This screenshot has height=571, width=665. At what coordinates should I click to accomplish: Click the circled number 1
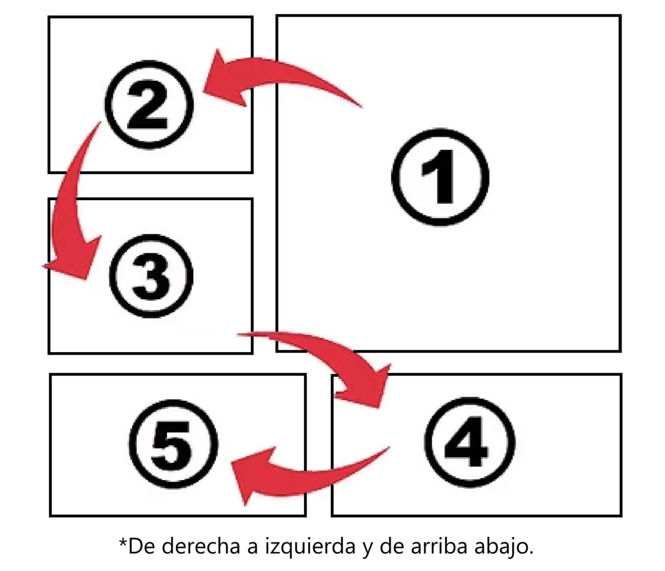click(x=440, y=177)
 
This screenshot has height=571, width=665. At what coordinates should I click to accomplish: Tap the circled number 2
click(x=149, y=105)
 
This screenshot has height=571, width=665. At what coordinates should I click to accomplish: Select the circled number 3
click(x=151, y=276)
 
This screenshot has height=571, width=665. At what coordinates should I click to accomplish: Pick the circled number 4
click(x=469, y=443)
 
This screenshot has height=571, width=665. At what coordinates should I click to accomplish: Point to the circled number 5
click(x=174, y=444)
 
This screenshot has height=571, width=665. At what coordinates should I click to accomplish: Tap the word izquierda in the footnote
click(x=310, y=548)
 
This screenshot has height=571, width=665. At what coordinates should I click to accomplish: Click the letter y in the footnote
click(x=367, y=550)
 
